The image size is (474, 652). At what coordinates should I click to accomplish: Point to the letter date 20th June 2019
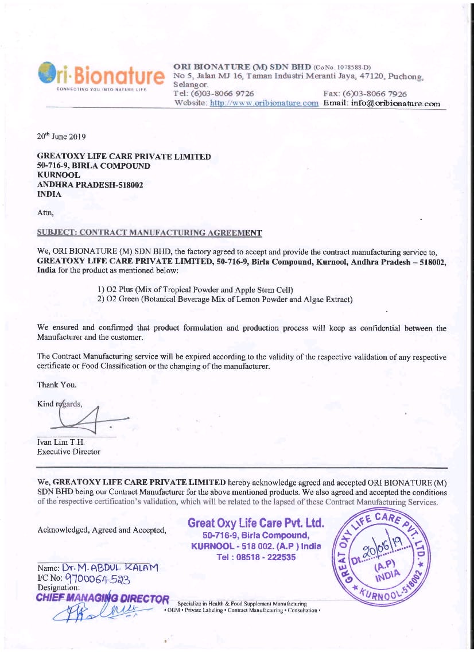coord(61,137)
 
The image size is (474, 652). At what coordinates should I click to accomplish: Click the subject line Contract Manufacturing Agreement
coord(149,232)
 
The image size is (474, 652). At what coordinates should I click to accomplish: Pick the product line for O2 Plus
coord(199,288)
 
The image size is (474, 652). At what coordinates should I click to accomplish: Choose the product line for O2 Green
coord(224,299)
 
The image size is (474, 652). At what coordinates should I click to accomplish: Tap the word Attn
coord(45,213)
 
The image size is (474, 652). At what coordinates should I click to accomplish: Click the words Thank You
coord(56,384)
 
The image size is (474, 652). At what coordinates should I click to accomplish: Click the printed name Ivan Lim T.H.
coord(61,441)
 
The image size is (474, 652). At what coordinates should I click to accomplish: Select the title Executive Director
coord(68,452)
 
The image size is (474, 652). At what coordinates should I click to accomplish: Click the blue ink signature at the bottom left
coord(98,611)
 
